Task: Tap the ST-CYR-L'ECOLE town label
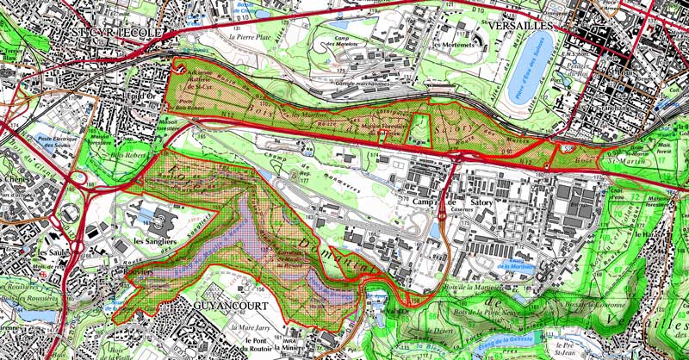pyautogui.click(x=107, y=32)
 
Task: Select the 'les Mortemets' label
pyautogui.click(x=453, y=45)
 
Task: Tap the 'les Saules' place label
pyautogui.click(x=53, y=253)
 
